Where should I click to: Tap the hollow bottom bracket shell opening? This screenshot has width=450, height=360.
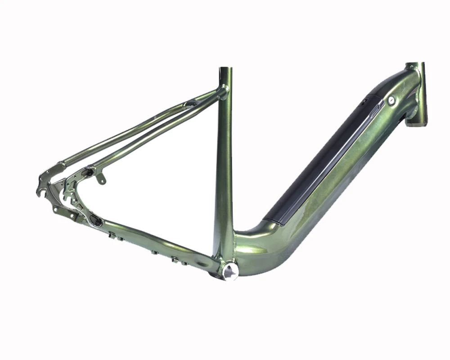tap(230, 271)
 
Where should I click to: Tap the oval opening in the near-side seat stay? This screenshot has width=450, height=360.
tap(88, 171)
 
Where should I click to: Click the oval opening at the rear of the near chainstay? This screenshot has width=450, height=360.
tap(96, 220)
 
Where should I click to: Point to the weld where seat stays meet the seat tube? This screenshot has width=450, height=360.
tap(222, 91)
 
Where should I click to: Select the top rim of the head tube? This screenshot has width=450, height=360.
tap(415, 65)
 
